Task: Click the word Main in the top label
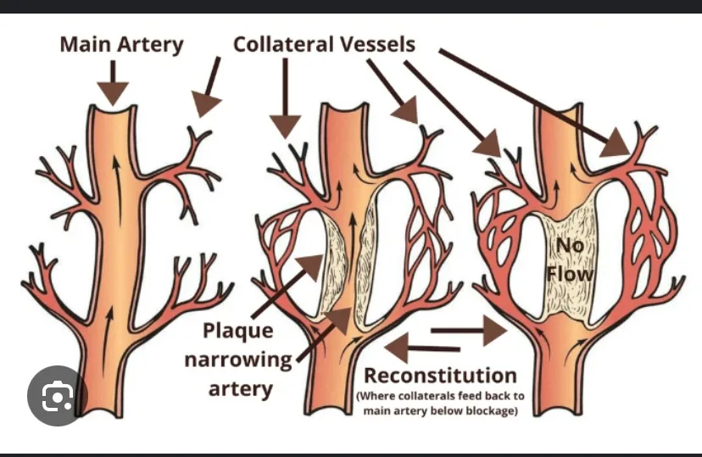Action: click(86, 44)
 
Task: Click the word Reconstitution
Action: click(440, 376)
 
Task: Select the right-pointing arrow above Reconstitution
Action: click(468, 331)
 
